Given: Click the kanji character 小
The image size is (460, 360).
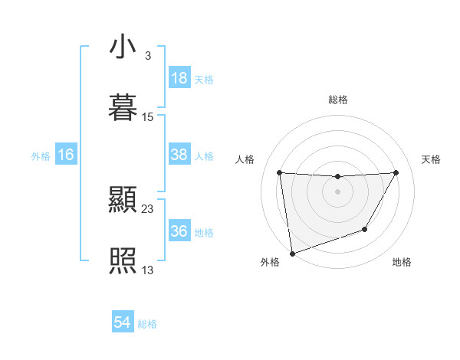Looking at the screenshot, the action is (x=123, y=47).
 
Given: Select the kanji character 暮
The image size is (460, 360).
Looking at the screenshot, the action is (x=123, y=108).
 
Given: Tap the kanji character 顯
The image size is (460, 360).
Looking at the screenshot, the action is (x=123, y=201).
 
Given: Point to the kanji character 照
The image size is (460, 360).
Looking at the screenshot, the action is (x=123, y=260).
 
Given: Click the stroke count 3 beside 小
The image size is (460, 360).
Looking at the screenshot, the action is (x=147, y=56).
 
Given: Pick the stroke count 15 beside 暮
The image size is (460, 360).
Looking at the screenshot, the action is (x=148, y=117).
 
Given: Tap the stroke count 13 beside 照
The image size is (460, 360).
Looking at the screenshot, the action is (x=148, y=270).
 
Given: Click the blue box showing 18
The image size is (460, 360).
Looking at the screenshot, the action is (x=179, y=78).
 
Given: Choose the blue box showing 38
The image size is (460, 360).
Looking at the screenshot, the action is (x=179, y=155).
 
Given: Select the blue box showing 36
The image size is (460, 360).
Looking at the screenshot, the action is (x=179, y=231).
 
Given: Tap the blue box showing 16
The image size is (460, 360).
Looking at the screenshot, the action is (x=66, y=155).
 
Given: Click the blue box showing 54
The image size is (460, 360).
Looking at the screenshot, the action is (x=123, y=322).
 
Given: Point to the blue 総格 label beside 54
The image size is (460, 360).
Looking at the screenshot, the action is (x=147, y=324).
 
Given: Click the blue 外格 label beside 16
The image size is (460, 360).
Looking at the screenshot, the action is (x=41, y=156).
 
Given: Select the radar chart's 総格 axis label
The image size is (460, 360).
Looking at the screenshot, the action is (x=338, y=100).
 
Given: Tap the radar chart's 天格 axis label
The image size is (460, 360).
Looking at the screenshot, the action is (x=431, y=159).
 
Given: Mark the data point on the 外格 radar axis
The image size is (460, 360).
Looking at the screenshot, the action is (x=292, y=253).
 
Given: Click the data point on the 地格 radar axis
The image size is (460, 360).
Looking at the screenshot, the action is (x=365, y=229).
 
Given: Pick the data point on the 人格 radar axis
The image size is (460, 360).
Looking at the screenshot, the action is (x=280, y=173).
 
